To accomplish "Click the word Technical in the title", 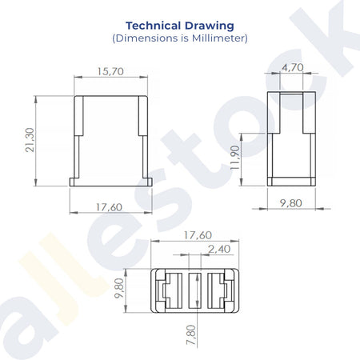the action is [154, 26].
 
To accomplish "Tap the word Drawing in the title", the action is [210, 26].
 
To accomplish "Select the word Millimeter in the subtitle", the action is [218, 38].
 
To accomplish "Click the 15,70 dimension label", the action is [110, 71].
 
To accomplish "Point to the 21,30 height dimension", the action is [30, 140].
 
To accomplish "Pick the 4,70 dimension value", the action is [293, 67].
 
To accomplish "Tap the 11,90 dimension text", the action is [235, 158].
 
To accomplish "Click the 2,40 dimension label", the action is [219, 249].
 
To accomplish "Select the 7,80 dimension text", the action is [191, 334].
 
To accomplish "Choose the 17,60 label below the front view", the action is [109, 207].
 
